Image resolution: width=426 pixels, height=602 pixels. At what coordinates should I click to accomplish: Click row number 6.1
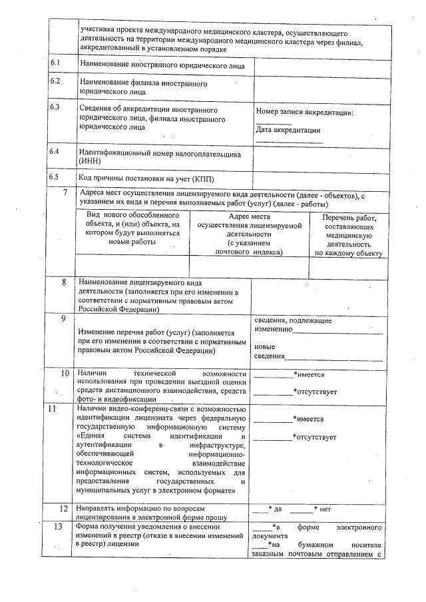pos(55,63)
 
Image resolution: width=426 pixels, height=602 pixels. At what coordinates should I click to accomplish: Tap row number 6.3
pos(55,107)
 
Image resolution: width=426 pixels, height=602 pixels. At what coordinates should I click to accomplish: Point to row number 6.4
pos(55,152)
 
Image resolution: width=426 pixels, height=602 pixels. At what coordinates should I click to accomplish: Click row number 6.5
pos(55,177)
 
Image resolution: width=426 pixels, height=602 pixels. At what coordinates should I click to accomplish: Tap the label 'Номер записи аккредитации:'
pos(304,113)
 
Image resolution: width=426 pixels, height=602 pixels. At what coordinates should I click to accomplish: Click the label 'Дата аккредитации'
pos(288,131)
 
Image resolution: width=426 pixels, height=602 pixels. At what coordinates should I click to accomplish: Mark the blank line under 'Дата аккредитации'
pos(289,142)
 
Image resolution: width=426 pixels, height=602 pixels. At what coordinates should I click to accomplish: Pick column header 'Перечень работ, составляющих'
pos(349,236)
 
